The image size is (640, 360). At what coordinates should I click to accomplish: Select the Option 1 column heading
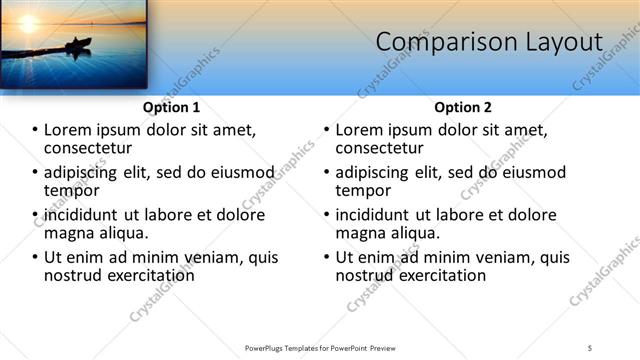click(171, 107)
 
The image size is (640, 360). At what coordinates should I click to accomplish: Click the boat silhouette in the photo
click(77, 44)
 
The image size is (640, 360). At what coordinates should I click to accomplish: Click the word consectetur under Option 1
click(93, 148)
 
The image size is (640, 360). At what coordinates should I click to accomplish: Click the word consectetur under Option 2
click(384, 148)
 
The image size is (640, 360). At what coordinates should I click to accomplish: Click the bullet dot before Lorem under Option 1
click(36, 130)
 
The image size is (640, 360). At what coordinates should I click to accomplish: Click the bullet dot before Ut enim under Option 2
click(327, 257)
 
